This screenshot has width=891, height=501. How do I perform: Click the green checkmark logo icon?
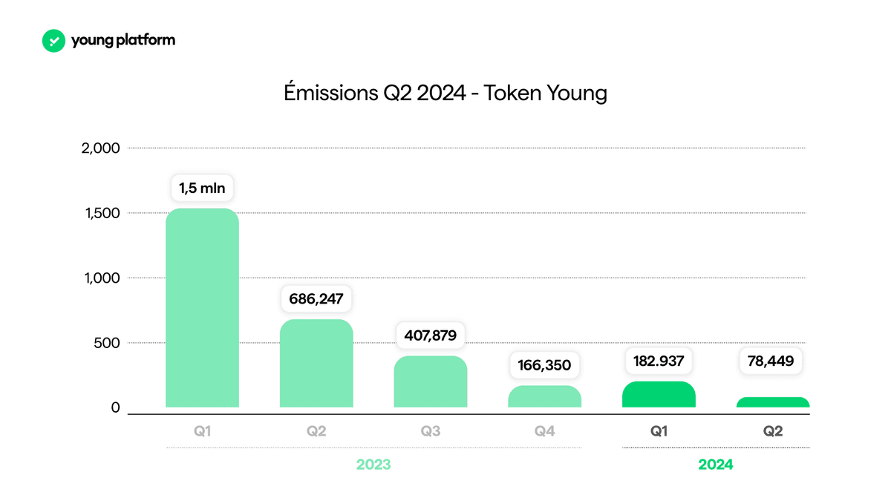(x=53, y=41)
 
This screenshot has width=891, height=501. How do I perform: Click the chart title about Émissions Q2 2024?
(x=446, y=93)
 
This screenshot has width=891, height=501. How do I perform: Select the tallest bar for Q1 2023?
(x=202, y=308)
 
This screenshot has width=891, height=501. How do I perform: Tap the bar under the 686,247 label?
(x=316, y=363)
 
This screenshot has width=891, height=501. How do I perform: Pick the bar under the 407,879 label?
(x=431, y=382)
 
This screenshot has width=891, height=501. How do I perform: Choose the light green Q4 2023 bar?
(x=544, y=396)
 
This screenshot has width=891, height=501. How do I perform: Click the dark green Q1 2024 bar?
(x=659, y=394)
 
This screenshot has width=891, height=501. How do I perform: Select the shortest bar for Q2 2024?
(x=773, y=402)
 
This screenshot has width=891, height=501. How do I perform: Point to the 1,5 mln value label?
(x=202, y=188)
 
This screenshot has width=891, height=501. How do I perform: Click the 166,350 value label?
(x=544, y=365)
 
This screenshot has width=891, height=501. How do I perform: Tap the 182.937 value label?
(x=659, y=361)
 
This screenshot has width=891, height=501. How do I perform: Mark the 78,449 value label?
(x=771, y=361)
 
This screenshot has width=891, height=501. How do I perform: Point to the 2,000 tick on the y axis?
(x=100, y=148)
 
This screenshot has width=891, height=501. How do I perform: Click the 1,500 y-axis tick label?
(x=102, y=213)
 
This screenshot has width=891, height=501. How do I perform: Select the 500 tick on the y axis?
(x=107, y=343)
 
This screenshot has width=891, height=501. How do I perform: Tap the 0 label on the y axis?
(x=115, y=407)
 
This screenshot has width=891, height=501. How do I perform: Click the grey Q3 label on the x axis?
(x=431, y=431)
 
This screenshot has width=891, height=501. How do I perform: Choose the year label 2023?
(x=373, y=465)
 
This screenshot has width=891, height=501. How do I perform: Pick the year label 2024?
(x=716, y=465)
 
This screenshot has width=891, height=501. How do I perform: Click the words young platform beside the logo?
(x=123, y=40)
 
